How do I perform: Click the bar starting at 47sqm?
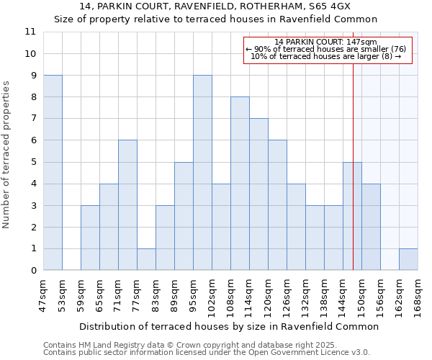[53, 173]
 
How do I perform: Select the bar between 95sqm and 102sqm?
[202, 173]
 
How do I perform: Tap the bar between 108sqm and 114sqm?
[240, 184]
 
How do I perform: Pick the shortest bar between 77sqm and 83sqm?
[146, 259]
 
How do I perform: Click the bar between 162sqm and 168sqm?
[408, 259]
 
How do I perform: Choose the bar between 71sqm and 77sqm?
[127, 205]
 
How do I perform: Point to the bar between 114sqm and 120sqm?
[258, 194]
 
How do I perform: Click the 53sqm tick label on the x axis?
[62, 292]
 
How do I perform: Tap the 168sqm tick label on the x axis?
[418, 294]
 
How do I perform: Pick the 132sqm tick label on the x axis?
[305, 294]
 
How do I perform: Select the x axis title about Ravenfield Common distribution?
[228, 326]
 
